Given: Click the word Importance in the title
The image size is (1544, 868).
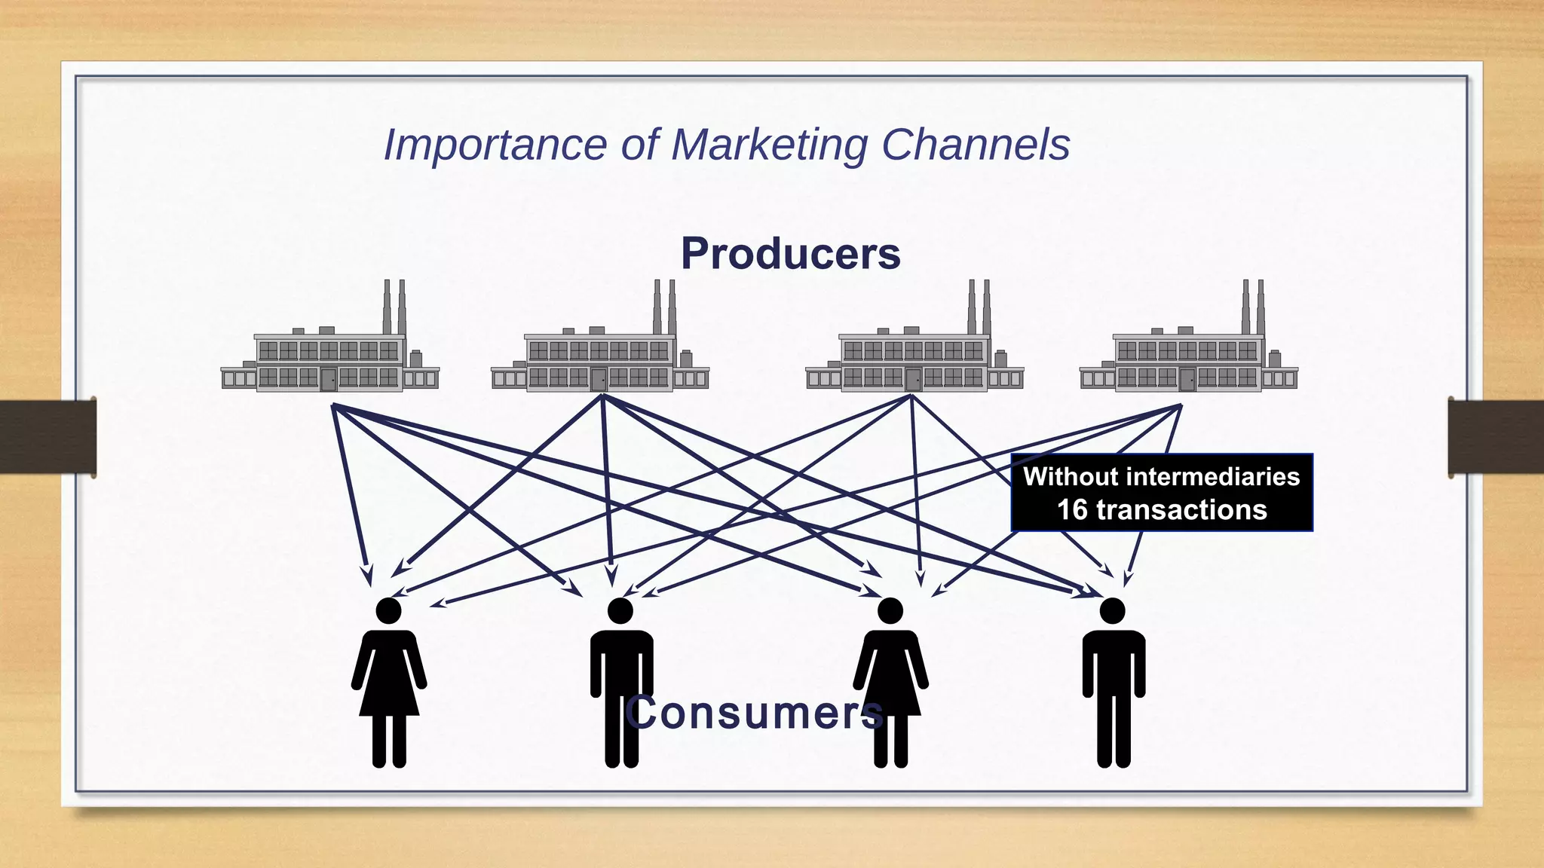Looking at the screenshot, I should pyautogui.click(x=495, y=145).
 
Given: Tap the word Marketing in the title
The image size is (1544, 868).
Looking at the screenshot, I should pyautogui.click(x=769, y=145).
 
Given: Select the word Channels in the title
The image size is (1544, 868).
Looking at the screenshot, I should pyautogui.click(x=976, y=145).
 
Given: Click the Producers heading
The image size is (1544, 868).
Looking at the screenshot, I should pyautogui.click(x=790, y=253).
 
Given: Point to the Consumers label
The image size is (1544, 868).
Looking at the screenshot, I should pyautogui.click(x=754, y=713).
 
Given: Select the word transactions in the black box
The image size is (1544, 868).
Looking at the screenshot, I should pyautogui.click(x=1181, y=510).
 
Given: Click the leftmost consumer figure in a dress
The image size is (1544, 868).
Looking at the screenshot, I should pyautogui.click(x=389, y=682).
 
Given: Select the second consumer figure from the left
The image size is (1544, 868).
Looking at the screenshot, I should pyautogui.click(x=621, y=682).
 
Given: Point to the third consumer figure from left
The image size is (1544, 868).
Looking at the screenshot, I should pyautogui.click(x=890, y=682).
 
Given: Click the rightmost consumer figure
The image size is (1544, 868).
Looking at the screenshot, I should pyautogui.click(x=1114, y=682).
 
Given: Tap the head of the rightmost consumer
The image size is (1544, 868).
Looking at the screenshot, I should pyautogui.click(x=1113, y=611).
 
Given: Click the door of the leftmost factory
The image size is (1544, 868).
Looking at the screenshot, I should pyautogui.click(x=329, y=379).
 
